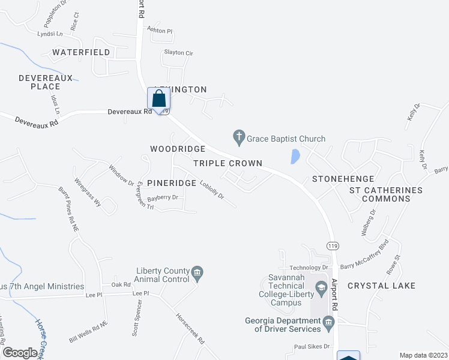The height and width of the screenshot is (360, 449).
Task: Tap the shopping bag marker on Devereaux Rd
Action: [158, 99]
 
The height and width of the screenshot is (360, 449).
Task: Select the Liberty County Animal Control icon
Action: [197, 274]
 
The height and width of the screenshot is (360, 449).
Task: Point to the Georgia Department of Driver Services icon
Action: [328, 325]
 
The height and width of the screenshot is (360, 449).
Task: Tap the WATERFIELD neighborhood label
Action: [81, 52]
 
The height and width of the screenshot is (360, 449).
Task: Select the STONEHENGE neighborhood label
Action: [343, 179]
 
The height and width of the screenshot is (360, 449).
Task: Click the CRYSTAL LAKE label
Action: [381, 286]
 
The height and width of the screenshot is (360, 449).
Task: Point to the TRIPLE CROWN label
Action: [228, 163]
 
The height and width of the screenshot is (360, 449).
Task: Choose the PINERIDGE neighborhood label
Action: [172, 182]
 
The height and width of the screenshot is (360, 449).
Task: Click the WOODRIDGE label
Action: [178, 148]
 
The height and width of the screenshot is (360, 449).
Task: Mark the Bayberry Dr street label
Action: [163, 197]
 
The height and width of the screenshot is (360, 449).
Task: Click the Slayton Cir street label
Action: [178, 53]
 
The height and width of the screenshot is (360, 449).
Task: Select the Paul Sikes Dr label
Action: [312, 347]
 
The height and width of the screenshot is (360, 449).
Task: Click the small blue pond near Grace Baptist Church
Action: [295, 156]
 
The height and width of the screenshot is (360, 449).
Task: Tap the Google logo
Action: [20, 353]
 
